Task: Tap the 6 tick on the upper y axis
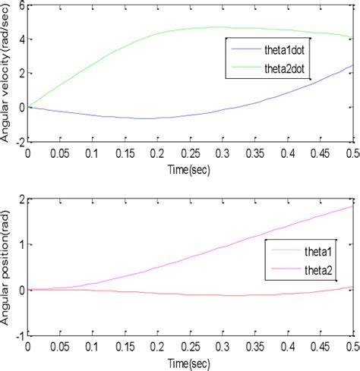tap(21, 5)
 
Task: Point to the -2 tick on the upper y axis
tap(18, 140)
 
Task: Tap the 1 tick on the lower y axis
tap(21, 244)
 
